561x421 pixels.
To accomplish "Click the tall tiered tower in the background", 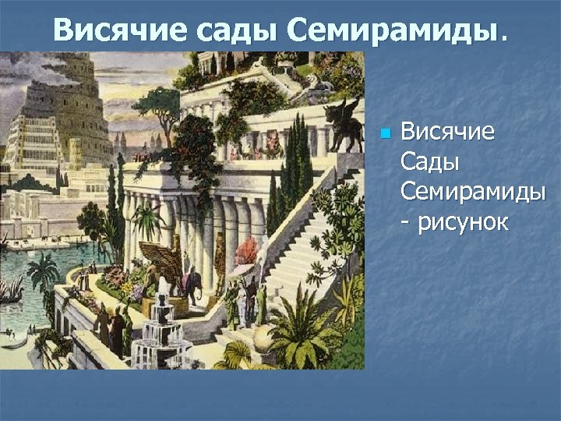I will pos(58,117).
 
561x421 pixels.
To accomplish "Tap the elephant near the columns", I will pos(192,284).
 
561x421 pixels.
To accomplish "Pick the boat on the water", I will pos(12,292).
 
